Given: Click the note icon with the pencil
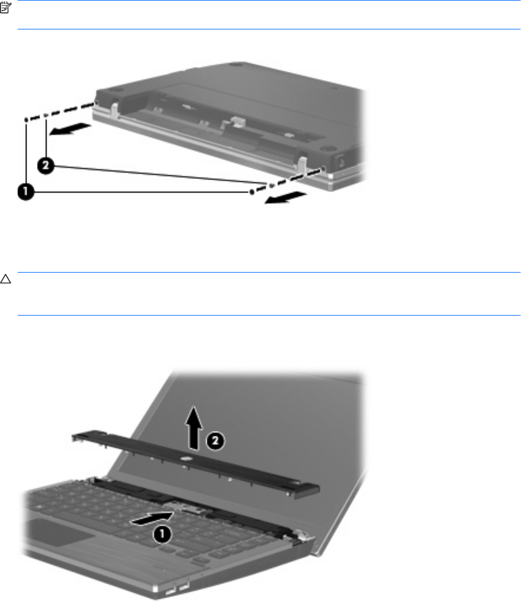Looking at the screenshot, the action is (x=6, y=8).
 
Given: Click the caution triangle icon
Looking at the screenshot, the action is (x=5, y=279).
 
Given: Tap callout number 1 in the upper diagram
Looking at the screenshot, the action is (x=26, y=192).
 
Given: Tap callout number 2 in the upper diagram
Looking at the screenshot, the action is (x=45, y=166).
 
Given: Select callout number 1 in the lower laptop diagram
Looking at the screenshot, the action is (x=162, y=534).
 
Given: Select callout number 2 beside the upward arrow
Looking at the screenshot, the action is (x=215, y=441).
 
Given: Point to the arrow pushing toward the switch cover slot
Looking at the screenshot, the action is (x=152, y=518).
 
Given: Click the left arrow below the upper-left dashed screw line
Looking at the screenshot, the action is (x=70, y=130).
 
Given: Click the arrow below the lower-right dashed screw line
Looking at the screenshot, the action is (x=286, y=198).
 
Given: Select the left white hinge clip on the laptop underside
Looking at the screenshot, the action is (x=115, y=110).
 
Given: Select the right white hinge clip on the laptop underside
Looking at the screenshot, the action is (x=303, y=164).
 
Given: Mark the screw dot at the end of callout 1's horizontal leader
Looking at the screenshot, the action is (x=252, y=192).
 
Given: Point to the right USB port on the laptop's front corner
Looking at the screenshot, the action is (x=183, y=585).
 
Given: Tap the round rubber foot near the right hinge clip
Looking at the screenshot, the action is (x=328, y=148).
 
